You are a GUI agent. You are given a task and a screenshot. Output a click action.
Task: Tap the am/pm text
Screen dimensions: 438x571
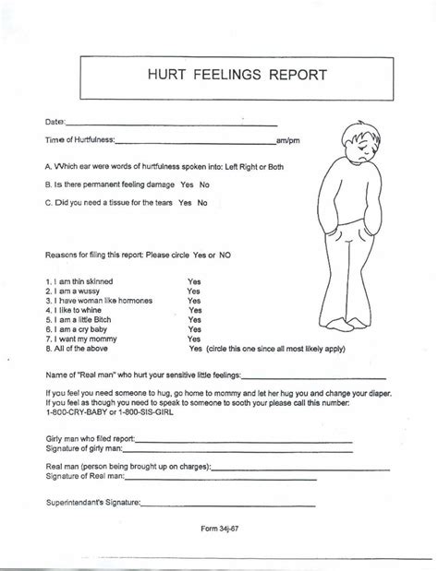click(289, 140)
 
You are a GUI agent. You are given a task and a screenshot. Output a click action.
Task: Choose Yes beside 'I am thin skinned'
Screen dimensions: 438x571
click(194, 278)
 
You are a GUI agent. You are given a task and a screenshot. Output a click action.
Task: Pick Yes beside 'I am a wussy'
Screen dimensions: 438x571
click(194, 289)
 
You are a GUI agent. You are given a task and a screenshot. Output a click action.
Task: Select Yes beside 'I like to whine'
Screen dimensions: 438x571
click(195, 311)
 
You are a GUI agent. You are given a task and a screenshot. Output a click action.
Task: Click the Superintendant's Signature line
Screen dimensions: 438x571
click(248, 505)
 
